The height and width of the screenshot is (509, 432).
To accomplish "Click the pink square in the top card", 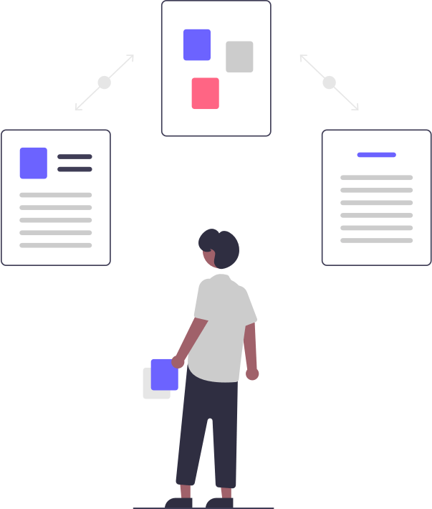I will pyautogui.click(x=205, y=93).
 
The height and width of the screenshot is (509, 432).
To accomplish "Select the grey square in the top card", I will pyautogui.click(x=239, y=57).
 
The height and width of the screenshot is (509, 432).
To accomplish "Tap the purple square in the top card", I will pyautogui.click(x=196, y=44).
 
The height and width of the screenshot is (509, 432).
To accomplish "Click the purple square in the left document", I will pyautogui.click(x=33, y=163).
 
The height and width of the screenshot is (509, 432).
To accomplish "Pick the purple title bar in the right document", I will pyautogui.click(x=376, y=155).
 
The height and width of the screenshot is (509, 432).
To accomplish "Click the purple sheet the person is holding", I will pyautogui.click(x=165, y=375).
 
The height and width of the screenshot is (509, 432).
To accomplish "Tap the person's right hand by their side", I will pyautogui.click(x=251, y=374).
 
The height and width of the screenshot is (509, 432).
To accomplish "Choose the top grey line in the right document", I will pyautogui.click(x=376, y=177).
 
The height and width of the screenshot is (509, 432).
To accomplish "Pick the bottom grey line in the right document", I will pyautogui.click(x=376, y=240).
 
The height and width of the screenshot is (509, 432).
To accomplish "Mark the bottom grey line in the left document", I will pyautogui.click(x=56, y=245).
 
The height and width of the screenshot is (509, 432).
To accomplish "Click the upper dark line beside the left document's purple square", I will pyautogui.click(x=75, y=156).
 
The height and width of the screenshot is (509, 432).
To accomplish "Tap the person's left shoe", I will pyautogui.click(x=179, y=502).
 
